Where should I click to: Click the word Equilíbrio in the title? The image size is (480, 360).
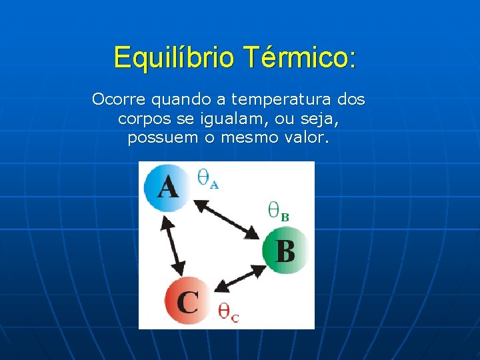tap(174, 57)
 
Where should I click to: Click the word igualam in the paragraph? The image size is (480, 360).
tap(239, 119)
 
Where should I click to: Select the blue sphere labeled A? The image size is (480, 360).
tap(167, 187)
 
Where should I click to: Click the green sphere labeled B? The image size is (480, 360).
tap(285, 251)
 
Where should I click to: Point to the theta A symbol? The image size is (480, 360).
tap(207, 179)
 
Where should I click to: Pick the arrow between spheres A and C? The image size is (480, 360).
tap(172, 247)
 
